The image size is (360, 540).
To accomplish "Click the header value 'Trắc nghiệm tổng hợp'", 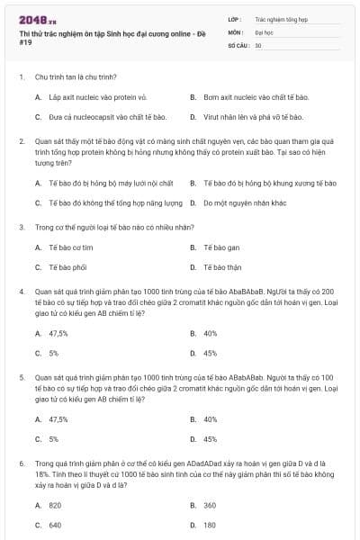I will coord(281,18).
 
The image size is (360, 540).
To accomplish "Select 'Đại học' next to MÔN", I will coord(264,31).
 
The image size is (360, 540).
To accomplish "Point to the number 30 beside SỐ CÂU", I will coord(258,44).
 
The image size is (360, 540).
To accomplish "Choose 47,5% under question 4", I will coord(58,333).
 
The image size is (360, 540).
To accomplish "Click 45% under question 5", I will coord(211,439).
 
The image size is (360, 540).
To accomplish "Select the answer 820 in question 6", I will coord(55,505).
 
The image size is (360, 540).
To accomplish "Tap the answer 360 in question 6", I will coord(210,505).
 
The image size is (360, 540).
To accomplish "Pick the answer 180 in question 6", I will coord(210,525).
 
